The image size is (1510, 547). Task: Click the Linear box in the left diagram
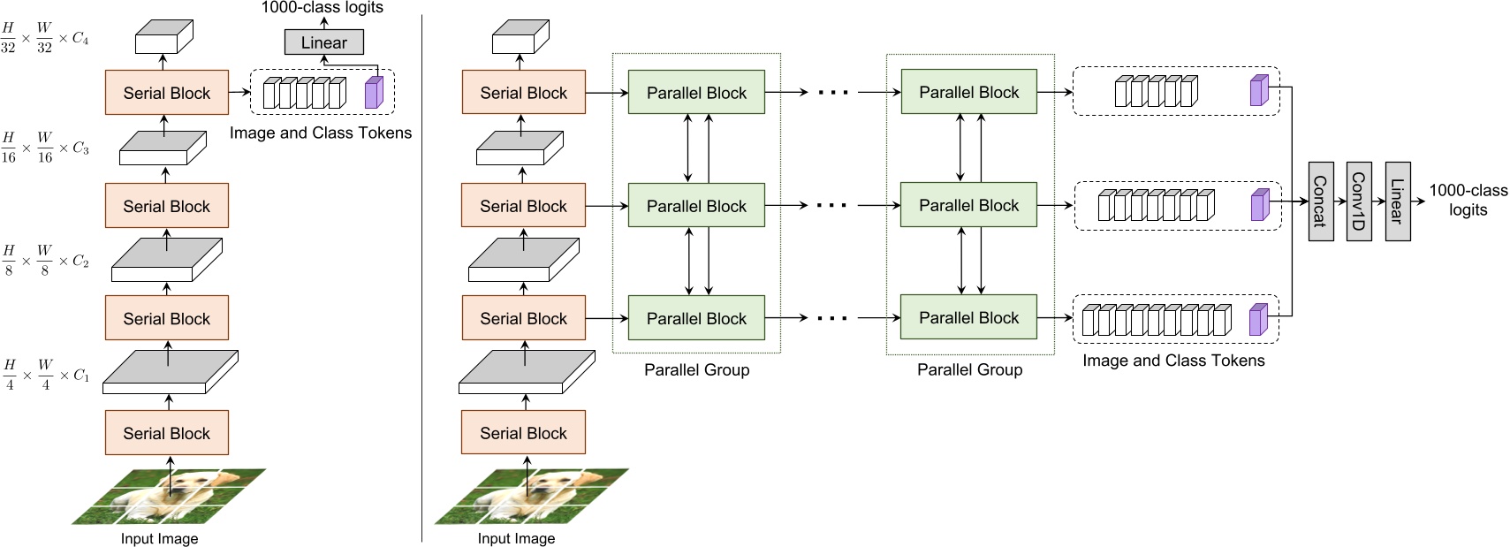[x=323, y=42]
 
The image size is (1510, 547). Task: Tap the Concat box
[x=1319, y=201]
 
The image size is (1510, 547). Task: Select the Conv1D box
[x=1358, y=201]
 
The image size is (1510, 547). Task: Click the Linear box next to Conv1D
[x=1397, y=201]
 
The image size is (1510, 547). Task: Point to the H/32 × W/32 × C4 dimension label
[x=44, y=39]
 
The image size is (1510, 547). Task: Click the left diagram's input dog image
[x=169, y=497]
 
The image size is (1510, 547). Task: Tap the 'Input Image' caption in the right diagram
[x=516, y=538]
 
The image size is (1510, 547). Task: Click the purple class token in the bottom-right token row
[x=1258, y=320]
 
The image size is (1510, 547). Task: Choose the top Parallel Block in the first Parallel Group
[x=696, y=93]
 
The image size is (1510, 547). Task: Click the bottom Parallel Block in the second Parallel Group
[x=968, y=318]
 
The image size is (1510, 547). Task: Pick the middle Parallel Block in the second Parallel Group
[x=968, y=206]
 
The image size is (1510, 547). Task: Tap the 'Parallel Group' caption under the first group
[x=696, y=370]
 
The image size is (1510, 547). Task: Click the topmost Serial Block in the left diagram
[x=166, y=93]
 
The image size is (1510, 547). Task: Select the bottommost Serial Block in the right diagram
[x=523, y=433]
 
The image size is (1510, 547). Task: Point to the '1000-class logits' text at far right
[x=1468, y=200]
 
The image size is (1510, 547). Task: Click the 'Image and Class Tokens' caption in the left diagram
[x=320, y=133]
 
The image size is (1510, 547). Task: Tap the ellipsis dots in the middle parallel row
[x=831, y=206]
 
